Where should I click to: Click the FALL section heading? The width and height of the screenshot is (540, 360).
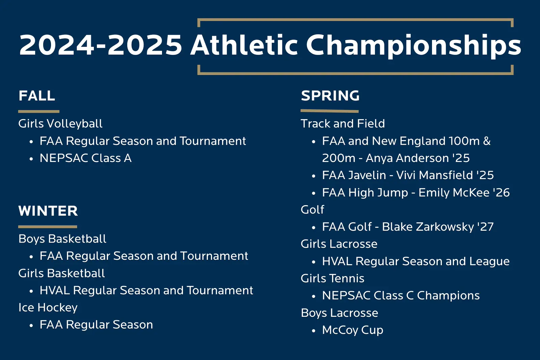[37, 96]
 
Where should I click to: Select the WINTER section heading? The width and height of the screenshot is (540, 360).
[48, 211]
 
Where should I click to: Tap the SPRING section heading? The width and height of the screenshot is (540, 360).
[330, 95]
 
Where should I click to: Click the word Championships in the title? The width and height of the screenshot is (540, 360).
[414, 45]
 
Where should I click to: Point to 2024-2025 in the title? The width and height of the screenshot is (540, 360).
[101, 45]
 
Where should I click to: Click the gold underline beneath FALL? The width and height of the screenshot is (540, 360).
[39, 112]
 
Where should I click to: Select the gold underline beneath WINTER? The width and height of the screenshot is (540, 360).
[48, 227]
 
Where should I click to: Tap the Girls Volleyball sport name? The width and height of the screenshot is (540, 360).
[60, 124]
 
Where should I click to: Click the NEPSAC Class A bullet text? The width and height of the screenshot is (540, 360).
[86, 158]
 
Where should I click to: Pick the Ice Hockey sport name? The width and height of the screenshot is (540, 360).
[48, 308]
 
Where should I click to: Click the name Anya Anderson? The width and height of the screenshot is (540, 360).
[407, 158]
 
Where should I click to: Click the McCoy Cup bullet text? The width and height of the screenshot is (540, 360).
[353, 330]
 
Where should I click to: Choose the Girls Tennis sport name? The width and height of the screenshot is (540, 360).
[332, 279]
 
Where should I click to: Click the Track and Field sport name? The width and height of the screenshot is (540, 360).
[343, 123]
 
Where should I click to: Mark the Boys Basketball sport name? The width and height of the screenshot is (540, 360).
[62, 239]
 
